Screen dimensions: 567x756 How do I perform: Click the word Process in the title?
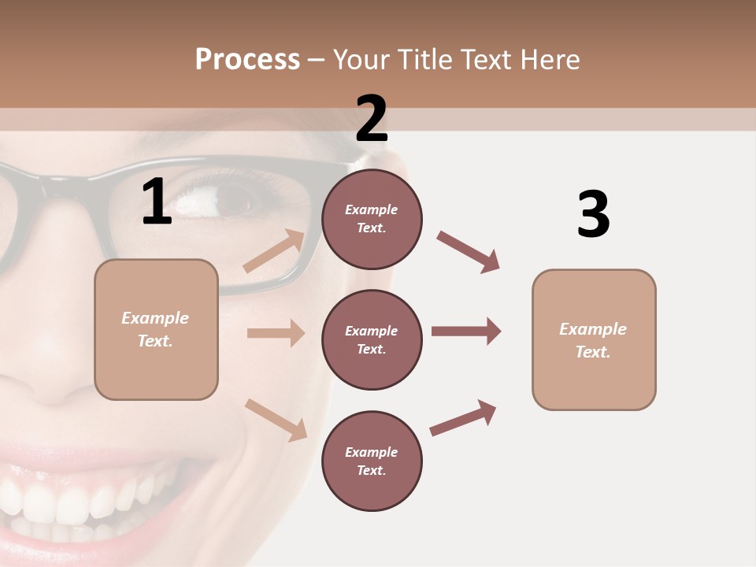[247, 59]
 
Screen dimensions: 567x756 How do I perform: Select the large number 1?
[157, 202]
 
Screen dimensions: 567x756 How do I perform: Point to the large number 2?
[372, 120]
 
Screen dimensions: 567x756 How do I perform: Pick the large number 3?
[593, 215]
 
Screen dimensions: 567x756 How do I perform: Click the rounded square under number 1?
[156, 329]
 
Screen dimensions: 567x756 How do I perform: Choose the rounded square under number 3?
[594, 340]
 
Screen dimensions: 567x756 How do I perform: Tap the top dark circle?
[372, 219]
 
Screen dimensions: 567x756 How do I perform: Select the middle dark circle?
[372, 339]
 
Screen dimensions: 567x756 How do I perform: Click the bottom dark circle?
[372, 461]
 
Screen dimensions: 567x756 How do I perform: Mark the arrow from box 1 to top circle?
[274, 251]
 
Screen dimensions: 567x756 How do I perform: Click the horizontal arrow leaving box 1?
[276, 333]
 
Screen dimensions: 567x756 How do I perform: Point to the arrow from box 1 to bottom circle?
[276, 420]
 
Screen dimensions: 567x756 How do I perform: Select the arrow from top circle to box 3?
[468, 252]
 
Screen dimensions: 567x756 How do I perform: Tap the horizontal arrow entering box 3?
[465, 332]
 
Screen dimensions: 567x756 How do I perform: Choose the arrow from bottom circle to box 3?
[463, 418]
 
